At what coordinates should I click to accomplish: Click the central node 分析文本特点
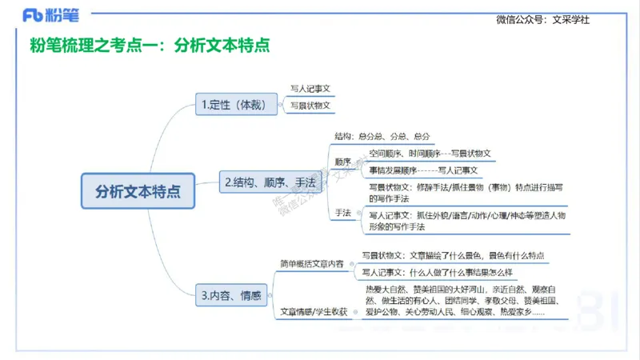click(138, 191)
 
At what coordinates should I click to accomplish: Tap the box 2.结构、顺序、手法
click(270, 183)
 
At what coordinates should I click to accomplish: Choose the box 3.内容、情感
click(231, 295)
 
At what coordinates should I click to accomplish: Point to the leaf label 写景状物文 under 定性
click(310, 105)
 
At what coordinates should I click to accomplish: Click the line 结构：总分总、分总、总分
click(382, 137)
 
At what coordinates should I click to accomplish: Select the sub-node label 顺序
click(343, 160)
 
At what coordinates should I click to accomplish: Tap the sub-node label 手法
click(343, 212)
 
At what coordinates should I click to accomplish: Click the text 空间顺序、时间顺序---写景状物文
click(430, 153)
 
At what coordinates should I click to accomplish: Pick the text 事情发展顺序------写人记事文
click(424, 170)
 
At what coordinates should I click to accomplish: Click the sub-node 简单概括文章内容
click(312, 263)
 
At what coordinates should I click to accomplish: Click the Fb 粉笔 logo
click(50, 14)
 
